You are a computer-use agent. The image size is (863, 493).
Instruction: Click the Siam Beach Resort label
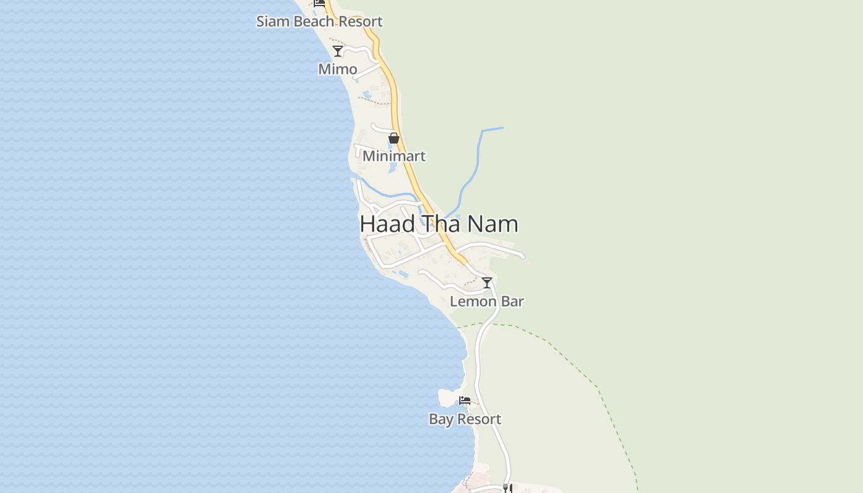[x=319, y=22]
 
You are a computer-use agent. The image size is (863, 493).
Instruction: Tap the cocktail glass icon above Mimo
[x=338, y=51]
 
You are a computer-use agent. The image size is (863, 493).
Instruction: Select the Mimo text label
[x=337, y=69]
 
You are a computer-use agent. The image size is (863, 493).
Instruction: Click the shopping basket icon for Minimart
[x=394, y=138]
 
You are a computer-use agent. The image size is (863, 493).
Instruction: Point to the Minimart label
[x=394, y=157]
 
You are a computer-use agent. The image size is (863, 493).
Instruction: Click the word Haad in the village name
[x=387, y=224]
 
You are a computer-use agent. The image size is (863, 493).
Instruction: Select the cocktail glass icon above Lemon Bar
[x=487, y=283]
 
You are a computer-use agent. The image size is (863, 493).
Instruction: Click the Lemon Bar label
[x=486, y=301]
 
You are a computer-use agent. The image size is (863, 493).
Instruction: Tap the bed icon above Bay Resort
[x=465, y=401]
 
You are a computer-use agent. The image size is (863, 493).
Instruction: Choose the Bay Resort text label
[x=465, y=419]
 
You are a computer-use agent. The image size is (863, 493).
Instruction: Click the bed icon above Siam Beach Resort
[x=319, y=3]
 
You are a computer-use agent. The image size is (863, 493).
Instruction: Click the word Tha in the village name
[x=441, y=224]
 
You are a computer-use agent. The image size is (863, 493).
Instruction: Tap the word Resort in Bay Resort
[x=479, y=419]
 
